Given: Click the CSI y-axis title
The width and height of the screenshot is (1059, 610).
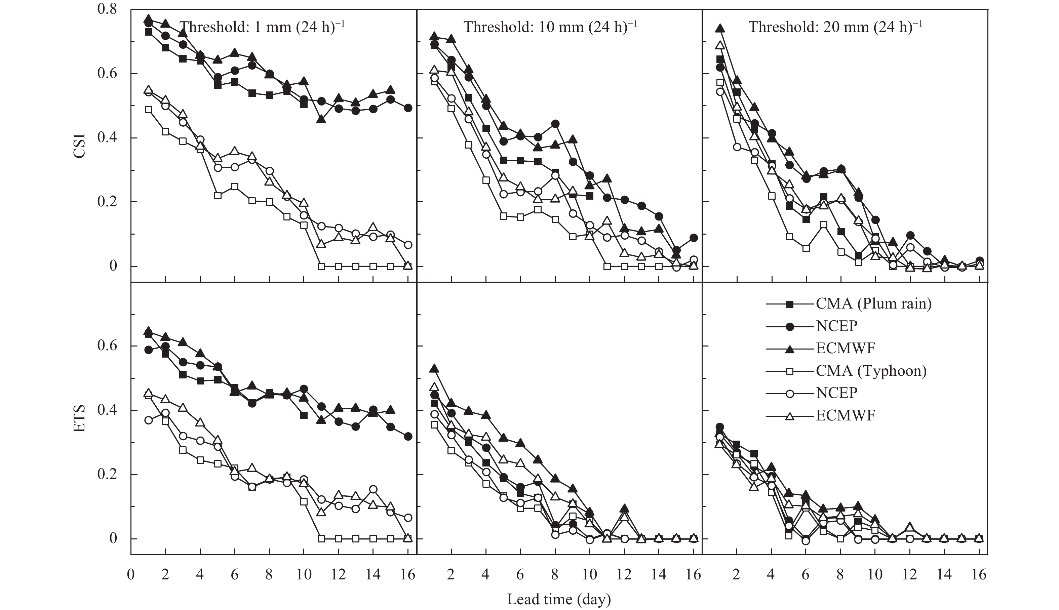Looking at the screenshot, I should [79, 146].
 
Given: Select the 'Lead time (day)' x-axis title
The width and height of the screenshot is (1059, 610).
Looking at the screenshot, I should [559, 599].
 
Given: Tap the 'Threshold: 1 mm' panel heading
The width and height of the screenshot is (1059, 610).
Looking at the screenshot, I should [263, 27].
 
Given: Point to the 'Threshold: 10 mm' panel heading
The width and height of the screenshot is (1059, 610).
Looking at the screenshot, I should [550, 27].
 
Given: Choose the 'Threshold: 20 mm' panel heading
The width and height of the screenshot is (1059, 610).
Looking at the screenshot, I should [835, 27].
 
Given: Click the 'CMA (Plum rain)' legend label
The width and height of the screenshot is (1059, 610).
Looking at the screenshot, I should [874, 303].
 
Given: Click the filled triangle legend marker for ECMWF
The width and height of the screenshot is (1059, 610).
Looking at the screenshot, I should [790, 348].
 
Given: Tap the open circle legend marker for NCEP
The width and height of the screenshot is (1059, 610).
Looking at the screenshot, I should [790, 393].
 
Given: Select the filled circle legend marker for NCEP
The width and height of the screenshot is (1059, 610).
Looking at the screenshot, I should [790, 326].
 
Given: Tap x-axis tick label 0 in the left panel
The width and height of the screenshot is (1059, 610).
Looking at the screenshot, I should [131, 574].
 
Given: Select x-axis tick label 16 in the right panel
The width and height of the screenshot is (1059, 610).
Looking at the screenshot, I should [979, 574].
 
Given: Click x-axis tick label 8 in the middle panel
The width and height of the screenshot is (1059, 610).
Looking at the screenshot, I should [555, 574].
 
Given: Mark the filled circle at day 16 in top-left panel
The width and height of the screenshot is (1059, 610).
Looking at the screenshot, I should [408, 108].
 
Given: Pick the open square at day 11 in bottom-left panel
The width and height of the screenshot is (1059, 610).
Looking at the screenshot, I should [321, 539].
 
